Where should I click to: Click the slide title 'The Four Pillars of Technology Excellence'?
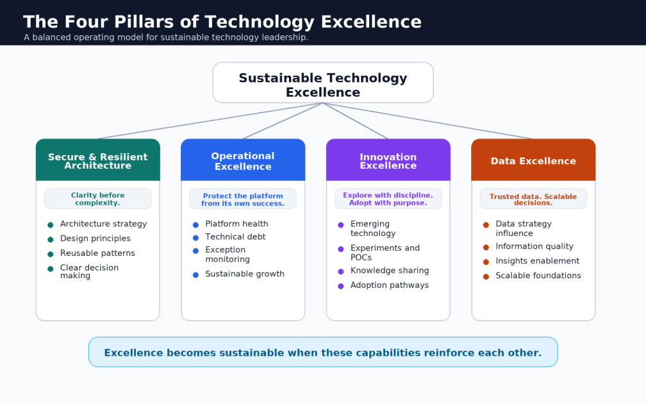(x=222, y=22)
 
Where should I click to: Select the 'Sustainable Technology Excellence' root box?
(x=323, y=83)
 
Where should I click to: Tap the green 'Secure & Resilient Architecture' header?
(x=97, y=160)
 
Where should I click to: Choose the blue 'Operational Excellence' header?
(x=243, y=160)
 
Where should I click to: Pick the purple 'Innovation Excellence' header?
(x=388, y=160)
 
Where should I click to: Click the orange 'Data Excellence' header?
(x=533, y=160)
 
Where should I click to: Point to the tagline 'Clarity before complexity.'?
(x=97, y=199)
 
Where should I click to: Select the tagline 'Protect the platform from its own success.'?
(x=243, y=199)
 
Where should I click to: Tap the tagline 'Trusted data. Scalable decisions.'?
(x=533, y=199)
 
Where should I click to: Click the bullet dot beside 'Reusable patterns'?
(x=50, y=254)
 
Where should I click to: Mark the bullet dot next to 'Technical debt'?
(x=195, y=237)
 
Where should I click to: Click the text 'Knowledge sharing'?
(x=390, y=271)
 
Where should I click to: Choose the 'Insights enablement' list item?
(x=537, y=261)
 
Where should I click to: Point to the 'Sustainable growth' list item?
(x=245, y=274)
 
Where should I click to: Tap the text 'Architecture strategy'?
(x=103, y=224)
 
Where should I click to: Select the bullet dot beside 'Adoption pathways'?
(x=341, y=286)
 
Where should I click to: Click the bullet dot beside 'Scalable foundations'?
(x=486, y=276)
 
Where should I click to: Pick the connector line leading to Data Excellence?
(x=428, y=121)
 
